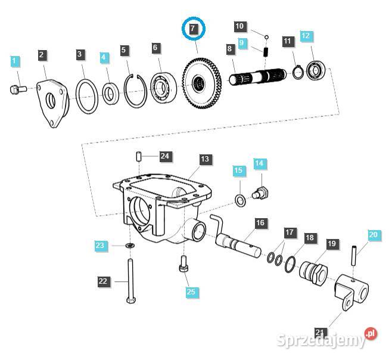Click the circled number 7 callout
(x=193, y=28)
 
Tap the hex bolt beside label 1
(x=16, y=89)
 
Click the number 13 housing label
(x=204, y=159)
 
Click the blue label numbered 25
(x=191, y=291)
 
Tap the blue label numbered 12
(x=305, y=36)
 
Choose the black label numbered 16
(x=260, y=224)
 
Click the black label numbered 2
(x=42, y=55)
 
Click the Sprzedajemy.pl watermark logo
(x=327, y=339)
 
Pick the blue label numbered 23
(x=100, y=245)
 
